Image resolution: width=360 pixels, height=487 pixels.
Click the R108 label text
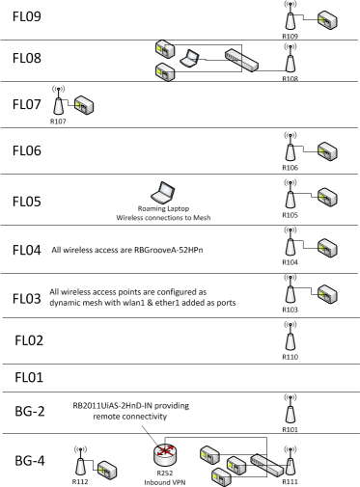click(289, 80)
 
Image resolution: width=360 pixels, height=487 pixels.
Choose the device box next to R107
click(84, 102)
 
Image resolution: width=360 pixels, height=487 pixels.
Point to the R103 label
click(289, 311)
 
